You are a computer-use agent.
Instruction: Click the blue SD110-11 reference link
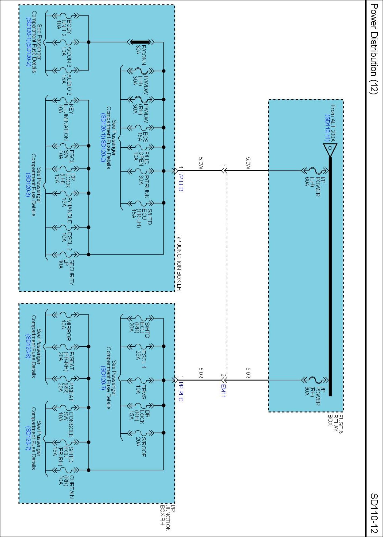click(327, 128)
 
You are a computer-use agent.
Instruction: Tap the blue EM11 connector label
click(223, 391)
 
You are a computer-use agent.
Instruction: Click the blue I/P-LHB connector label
click(181, 182)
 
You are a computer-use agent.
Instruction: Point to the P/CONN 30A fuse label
click(141, 55)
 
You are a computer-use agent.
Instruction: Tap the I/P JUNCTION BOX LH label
click(179, 263)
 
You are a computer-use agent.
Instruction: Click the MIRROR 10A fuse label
click(66, 330)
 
